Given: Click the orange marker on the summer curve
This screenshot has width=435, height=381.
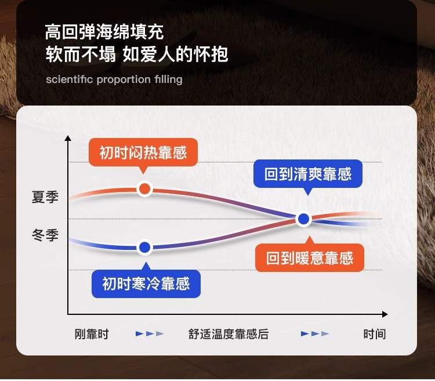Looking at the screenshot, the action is point(144,189).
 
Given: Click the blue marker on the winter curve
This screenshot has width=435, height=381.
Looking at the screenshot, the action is point(144,248).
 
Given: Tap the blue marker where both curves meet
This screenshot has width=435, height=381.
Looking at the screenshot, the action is point(303,219).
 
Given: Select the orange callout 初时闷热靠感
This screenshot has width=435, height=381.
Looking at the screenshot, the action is point(143,153).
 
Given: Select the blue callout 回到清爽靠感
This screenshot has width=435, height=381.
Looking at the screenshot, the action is point(308,174).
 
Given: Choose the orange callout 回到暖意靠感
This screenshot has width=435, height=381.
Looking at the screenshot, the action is point(310,257).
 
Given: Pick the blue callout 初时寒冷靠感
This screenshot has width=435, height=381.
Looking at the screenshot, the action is point(146,284).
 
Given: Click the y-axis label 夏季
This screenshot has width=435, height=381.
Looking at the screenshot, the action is point(45,197).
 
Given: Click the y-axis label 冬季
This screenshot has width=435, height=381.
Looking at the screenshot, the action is point(45,235).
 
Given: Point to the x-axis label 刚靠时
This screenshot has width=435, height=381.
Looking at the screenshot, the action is point(92,334).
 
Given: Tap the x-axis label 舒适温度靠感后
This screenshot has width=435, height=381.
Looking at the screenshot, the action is point(229,334).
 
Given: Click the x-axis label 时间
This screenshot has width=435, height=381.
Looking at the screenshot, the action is point(375,334).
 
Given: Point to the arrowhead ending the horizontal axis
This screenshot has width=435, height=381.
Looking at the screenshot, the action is point(385,314).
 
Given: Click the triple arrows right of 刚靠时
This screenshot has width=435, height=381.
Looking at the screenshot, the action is point(150,333).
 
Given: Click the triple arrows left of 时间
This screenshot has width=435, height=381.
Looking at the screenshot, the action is point(315,333).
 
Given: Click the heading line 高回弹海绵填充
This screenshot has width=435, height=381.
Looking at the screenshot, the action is point(104,32).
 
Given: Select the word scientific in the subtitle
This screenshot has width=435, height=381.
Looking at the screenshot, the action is point(70,79).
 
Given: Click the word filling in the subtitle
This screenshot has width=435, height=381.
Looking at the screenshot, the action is point(168,80).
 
